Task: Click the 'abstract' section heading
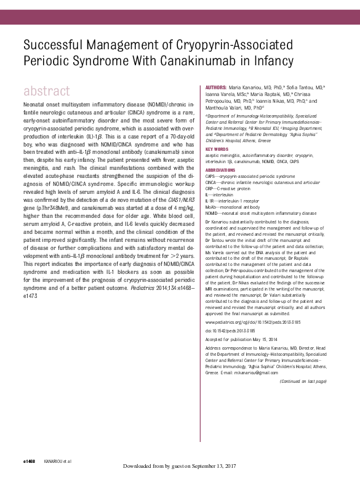point(46,92)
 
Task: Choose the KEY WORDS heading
point(217,149)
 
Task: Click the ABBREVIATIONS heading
point(220,169)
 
